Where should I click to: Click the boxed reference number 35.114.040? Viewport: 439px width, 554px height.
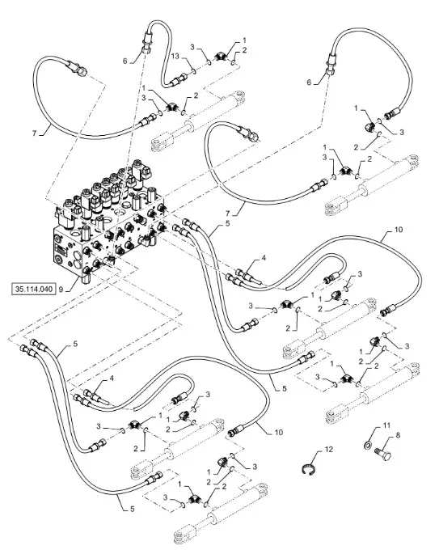pyautogui.click(x=34, y=289)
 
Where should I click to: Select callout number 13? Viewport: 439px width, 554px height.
pyautogui.click(x=175, y=56)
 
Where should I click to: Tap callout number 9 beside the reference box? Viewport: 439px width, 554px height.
pyautogui.click(x=61, y=290)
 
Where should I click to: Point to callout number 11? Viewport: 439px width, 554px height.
pyautogui.click(x=386, y=425)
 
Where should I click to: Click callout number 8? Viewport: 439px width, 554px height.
pyautogui.click(x=398, y=435)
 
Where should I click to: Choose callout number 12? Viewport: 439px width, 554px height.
pyautogui.click(x=329, y=450)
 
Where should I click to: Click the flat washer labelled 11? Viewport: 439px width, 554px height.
pyautogui.click(x=368, y=445)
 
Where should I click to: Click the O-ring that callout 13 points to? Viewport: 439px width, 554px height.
pyautogui.click(x=194, y=72)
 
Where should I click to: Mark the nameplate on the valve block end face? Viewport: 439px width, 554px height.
pyautogui.click(x=61, y=249)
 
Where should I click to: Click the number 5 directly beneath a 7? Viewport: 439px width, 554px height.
pyautogui.click(x=227, y=223)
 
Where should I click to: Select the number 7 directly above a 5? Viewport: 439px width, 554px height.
pyautogui.click(x=228, y=214)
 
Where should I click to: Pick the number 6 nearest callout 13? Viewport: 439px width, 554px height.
pyautogui.click(x=125, y=61)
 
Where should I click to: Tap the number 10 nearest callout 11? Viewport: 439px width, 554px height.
pyautogui.click(x=279, y=432)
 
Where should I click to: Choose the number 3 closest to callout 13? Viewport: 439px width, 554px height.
pyautogui.click(x=192, y=47)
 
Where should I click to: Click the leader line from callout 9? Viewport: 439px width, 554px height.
pyautogui.click(x=73, y=285)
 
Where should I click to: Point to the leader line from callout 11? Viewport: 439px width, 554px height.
pyautogui.click(x=376, y=432)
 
